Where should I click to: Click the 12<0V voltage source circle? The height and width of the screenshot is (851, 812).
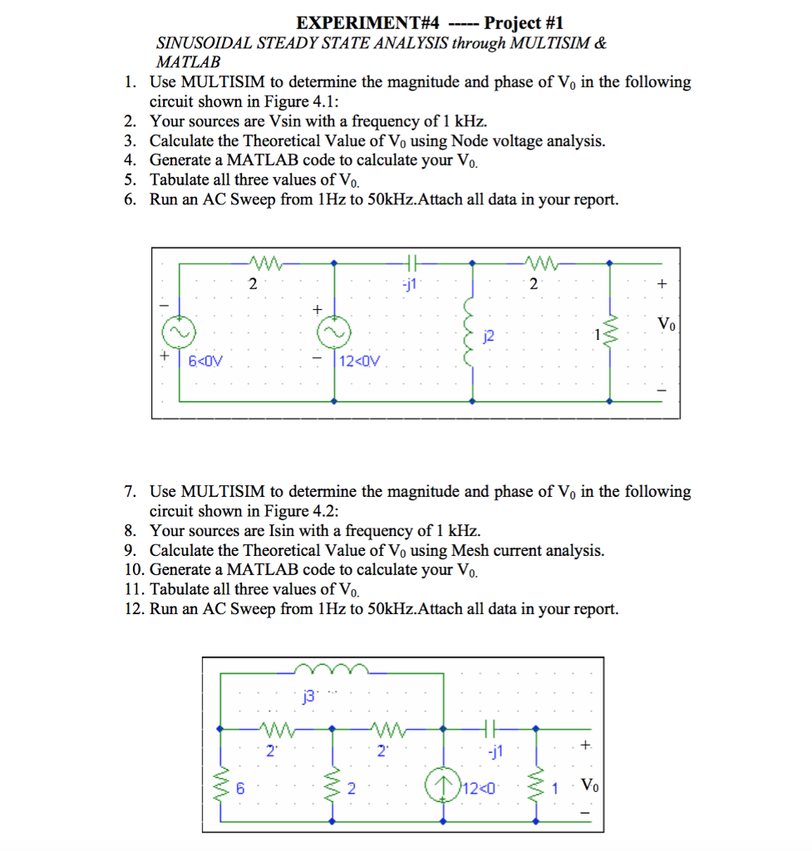click(x=334, y=333)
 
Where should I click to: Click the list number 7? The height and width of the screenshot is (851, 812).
click(x=130, y=492)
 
